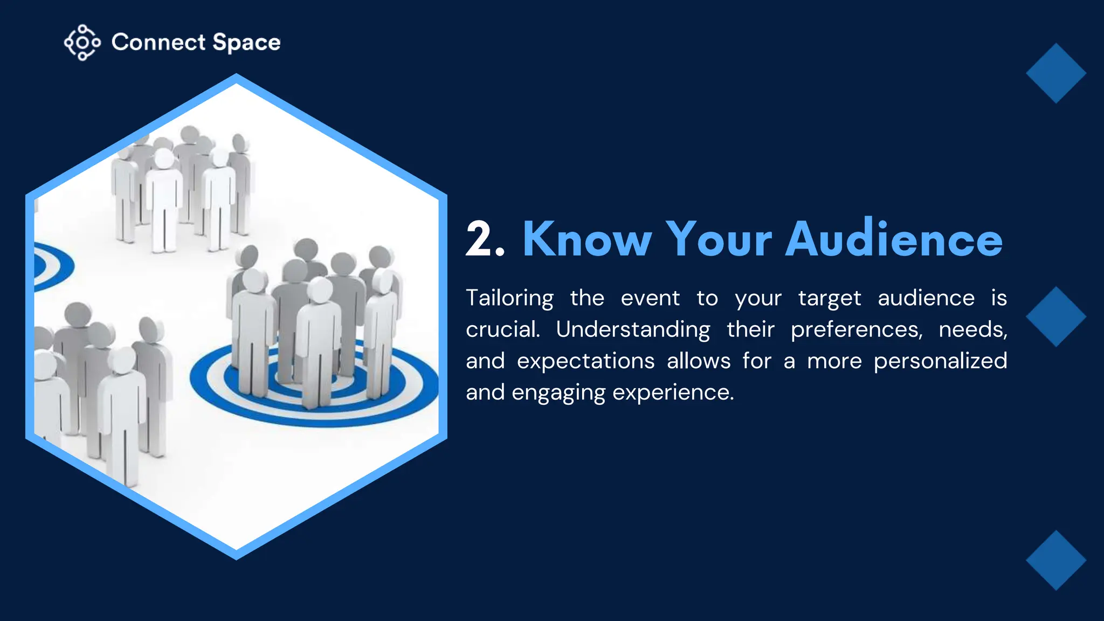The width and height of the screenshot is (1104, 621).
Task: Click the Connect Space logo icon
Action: point(82,42)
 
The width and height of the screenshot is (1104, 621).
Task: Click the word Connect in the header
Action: point(158,43)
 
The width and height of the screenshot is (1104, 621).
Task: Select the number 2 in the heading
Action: point(479,239)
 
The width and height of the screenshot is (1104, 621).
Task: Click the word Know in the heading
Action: point(587,239)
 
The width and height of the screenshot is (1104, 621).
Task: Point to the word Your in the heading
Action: point(719,239)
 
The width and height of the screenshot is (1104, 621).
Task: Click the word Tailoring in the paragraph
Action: point(509,299)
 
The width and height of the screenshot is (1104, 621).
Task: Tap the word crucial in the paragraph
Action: point(502,329)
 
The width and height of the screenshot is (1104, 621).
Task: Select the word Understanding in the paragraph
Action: point(633,330)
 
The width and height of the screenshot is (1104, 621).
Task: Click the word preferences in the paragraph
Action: point(857,330)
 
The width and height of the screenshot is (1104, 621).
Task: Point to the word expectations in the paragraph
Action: point(585,361)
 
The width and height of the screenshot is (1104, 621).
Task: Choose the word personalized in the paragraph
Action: point(940,361)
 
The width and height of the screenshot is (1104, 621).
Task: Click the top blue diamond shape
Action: point(1055,73)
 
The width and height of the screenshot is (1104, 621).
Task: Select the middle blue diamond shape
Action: point(1055,316)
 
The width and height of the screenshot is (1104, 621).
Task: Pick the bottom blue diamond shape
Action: point(1055,560)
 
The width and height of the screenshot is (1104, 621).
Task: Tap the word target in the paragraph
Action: point(829,299)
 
